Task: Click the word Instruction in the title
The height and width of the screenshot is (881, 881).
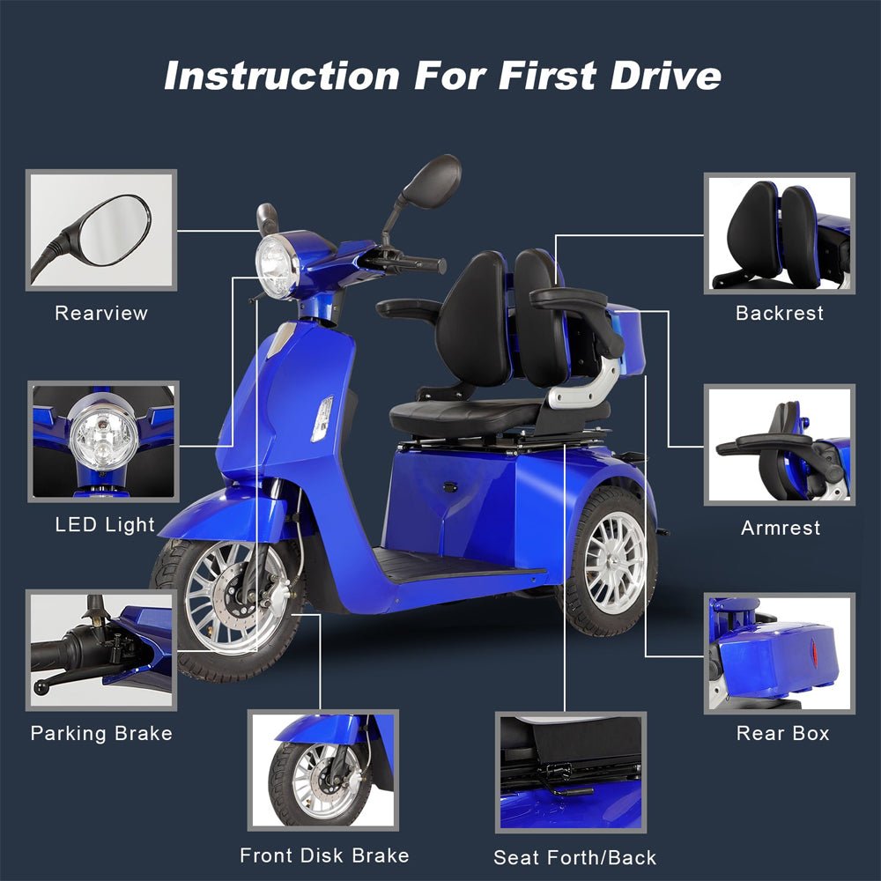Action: coord(282,75)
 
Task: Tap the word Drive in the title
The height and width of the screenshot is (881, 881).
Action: coord(665,75)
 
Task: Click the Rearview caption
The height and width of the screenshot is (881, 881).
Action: coord(101,313)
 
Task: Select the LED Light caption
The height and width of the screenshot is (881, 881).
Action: coord(105,525)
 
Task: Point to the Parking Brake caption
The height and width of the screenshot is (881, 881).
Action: coord(101,733)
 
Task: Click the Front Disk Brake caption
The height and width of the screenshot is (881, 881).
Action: coord(324,855)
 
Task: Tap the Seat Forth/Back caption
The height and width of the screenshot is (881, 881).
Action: coord(574,857)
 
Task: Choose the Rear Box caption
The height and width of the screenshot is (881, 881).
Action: coord(782,733)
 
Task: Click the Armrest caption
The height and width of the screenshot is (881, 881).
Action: coord(781,528)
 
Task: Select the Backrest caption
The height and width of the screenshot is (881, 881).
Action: coord(780,313)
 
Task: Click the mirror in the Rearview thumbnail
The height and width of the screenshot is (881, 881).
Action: coord(113,230)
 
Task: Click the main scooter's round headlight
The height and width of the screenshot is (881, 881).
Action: coord(277,266)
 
